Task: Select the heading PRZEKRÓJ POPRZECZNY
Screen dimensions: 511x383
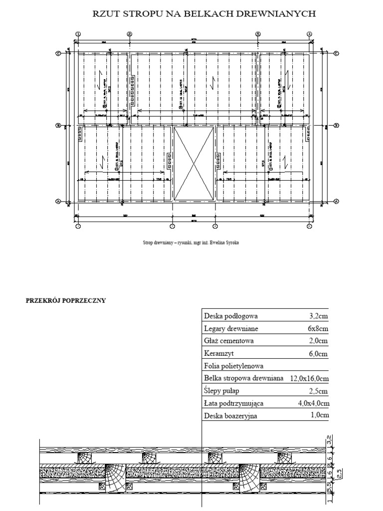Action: pos(66,300)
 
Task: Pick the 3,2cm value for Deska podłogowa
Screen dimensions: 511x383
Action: pos(319,316)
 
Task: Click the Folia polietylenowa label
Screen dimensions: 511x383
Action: pos(234,366)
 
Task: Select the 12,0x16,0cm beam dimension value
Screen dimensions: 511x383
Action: pos(309,378)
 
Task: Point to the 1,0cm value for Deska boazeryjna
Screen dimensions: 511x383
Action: pos(319,415)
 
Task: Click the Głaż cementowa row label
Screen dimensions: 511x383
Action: pos(229,341)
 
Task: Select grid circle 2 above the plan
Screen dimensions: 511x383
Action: pos(129,34)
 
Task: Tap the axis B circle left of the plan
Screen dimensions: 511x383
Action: pos(58,126)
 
